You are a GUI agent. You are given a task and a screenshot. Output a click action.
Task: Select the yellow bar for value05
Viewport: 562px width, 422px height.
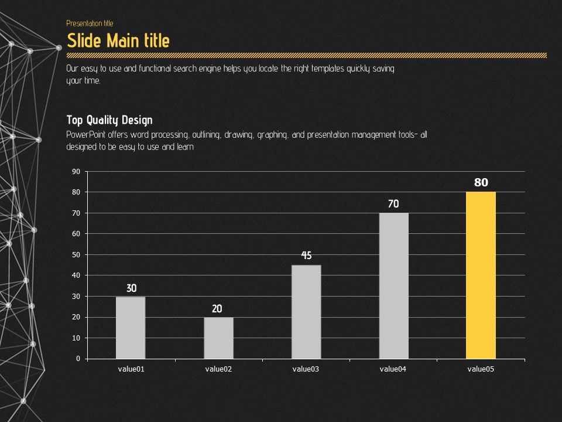(481, 275)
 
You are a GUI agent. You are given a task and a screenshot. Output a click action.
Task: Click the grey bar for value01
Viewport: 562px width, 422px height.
(131, 328)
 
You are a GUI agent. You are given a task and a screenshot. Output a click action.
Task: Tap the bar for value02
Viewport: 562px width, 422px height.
(218, 338)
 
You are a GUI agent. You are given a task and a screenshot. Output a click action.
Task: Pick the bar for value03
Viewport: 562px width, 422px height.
(306, 312)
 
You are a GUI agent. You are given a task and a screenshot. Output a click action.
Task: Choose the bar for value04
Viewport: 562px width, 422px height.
(393, 285)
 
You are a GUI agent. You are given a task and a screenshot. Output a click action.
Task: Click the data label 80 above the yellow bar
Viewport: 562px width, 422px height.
(481, 183)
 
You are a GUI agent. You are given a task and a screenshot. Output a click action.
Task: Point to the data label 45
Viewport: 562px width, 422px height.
(306, 256)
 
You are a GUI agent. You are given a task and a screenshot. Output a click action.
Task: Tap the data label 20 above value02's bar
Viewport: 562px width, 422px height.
(217, 309)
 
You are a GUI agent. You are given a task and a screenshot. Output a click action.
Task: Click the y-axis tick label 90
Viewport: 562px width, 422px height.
(76, 172)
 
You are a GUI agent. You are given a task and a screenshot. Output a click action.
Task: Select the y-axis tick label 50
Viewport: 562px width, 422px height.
(76, 255)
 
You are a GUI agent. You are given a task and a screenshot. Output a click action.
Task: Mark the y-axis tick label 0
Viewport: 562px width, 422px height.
(78, 359)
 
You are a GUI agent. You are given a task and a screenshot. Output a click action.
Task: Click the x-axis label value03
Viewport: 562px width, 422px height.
(306, 369)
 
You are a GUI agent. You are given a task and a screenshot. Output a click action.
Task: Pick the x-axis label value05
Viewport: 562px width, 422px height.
(481, 369)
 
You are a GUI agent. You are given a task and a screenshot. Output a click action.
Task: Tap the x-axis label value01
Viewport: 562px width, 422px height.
(131, 369)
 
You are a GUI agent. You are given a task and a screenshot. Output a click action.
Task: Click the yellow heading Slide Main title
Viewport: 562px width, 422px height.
(118, 40)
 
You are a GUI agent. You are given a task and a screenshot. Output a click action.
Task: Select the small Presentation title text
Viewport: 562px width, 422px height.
(90, 23)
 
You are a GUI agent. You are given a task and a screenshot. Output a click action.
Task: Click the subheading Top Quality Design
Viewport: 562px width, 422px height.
(109, 120)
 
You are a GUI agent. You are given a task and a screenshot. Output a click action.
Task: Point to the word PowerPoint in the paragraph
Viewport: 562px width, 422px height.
(83, 135)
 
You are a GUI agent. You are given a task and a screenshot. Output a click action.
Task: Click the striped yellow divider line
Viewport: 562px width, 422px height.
(307, 55)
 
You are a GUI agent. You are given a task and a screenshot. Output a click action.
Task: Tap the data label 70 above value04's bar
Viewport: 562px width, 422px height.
(393, 204)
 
